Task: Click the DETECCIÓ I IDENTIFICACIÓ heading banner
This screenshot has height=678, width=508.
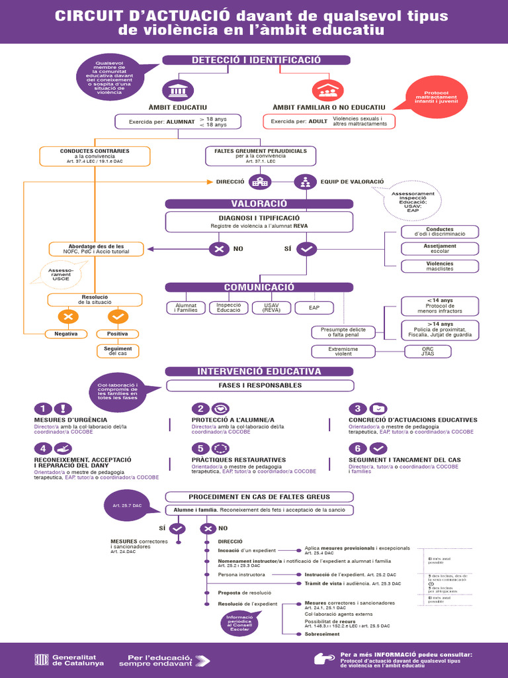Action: pyautogui.click(x=256, y=60)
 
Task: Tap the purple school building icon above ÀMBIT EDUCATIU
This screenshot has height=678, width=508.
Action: pyautogui.click(x=177, y=90)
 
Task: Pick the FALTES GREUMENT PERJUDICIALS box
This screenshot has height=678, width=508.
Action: pyautogui.click(x=260, y=156)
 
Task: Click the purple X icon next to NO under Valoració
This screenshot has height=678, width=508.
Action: pyautogui.click(x=218, y=249)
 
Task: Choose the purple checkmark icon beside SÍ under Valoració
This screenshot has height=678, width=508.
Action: pyautogui.click(x=307, y=249)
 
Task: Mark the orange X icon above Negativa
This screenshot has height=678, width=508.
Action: pyautogui.click(x=67, y=316)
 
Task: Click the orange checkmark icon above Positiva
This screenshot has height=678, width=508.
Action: pyautogui.click(x=118, y=316)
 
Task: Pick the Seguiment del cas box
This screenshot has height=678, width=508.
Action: pyautogui.click(x=118, y=351)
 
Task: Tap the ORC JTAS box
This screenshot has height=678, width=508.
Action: pyautogui.click(x=428, y=351)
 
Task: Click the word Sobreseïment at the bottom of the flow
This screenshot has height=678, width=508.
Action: pyautogui.click(x=322, y=634)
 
